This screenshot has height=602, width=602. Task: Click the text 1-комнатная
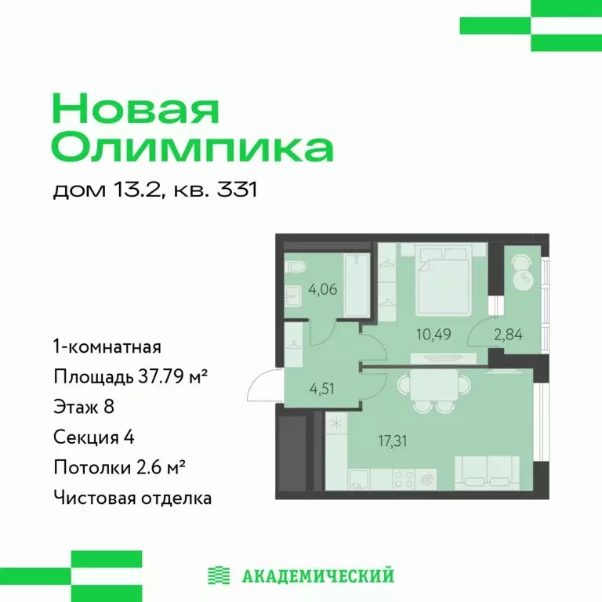pos(107,346)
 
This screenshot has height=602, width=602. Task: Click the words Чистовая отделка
pos(132,497)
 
